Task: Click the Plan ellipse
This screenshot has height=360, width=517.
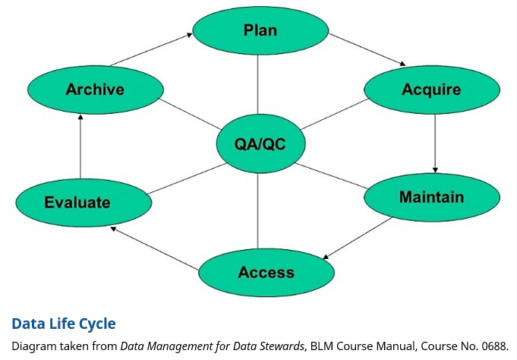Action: coord(260,30)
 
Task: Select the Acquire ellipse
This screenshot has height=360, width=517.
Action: coord(431,90)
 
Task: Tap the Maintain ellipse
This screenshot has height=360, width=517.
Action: coord(431,197)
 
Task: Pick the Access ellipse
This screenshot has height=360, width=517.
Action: coord(266,272)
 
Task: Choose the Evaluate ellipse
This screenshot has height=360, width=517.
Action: coord(83,202)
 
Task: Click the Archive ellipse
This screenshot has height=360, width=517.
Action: coord(95,89)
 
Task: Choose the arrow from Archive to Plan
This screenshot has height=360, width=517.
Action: coord(150,49)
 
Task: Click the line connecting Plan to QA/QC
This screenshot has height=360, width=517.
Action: coord(259,84)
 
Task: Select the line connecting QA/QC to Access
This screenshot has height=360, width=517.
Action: coord(259,209)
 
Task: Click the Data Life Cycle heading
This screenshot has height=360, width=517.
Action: coord(64,324)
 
